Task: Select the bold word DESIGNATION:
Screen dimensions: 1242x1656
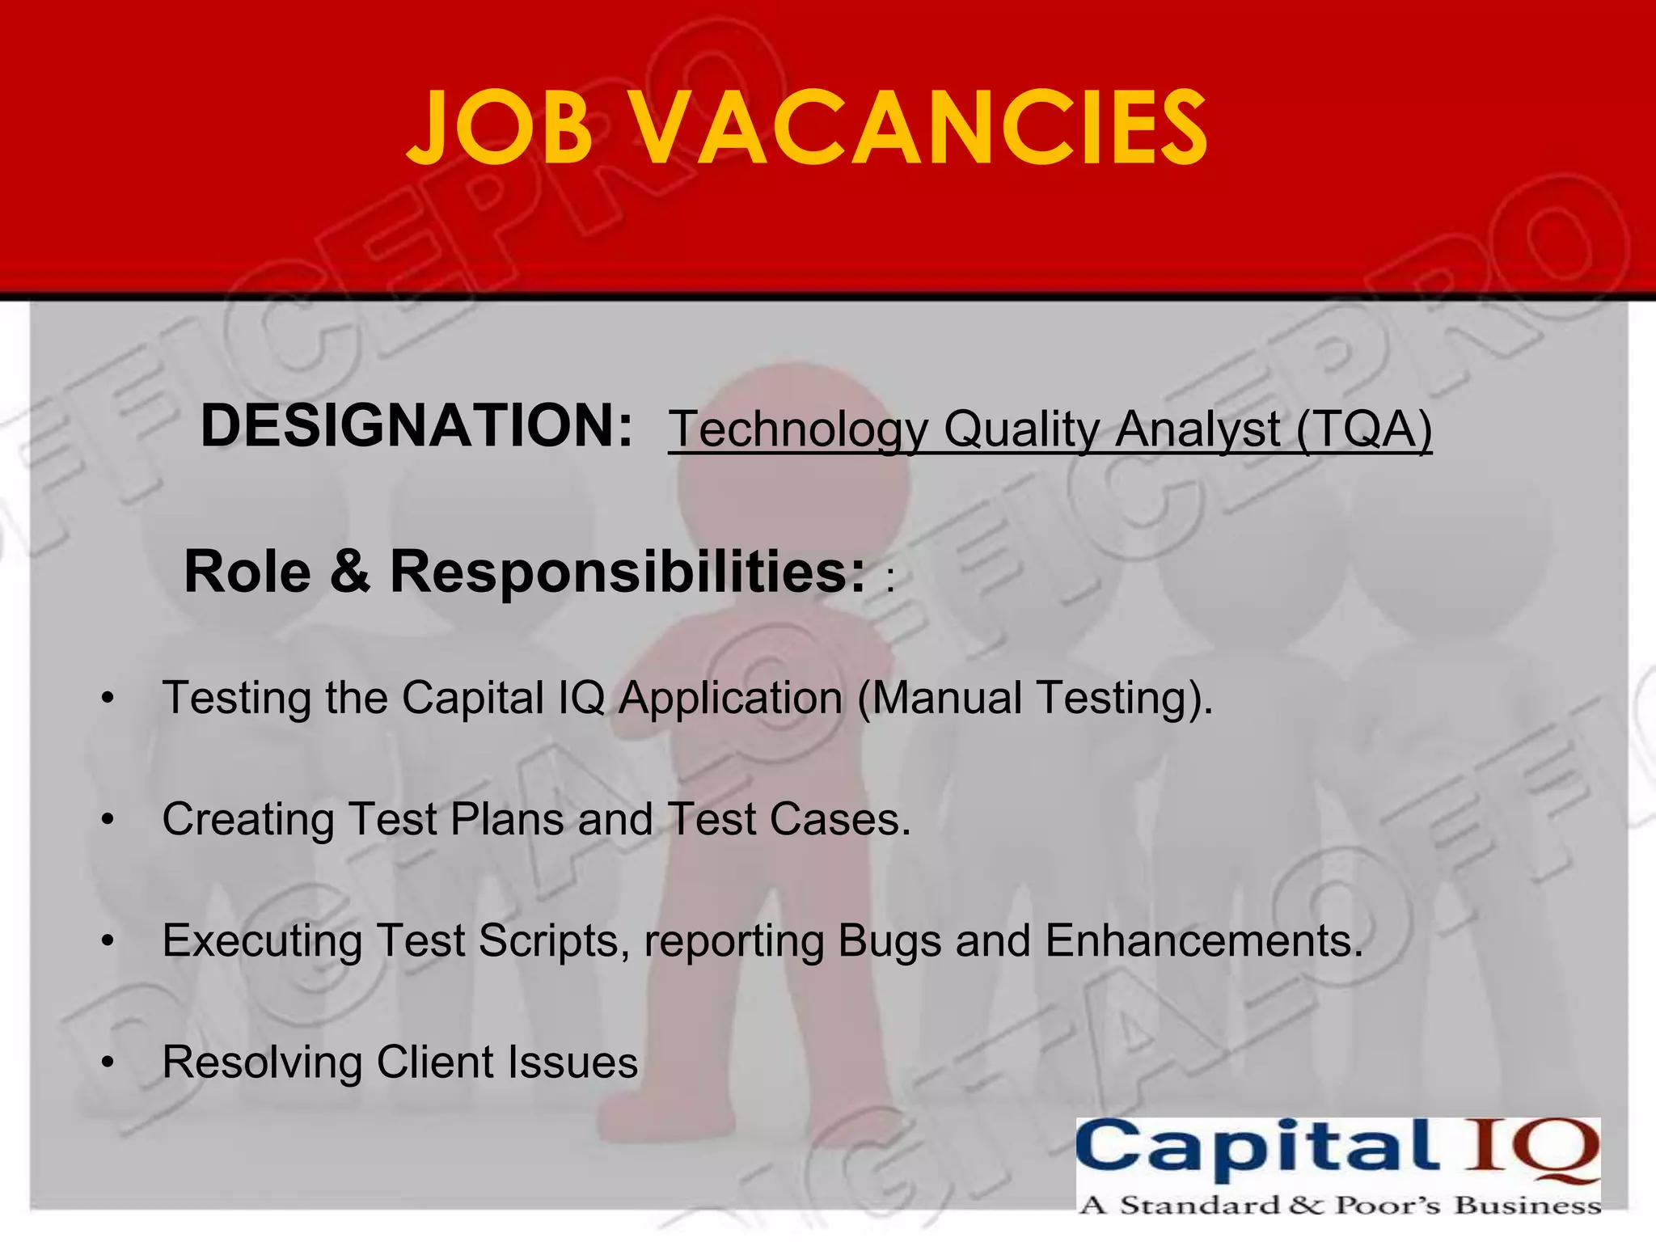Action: (x=416, y=426)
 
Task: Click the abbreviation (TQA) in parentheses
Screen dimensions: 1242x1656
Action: (x=1364, y=429)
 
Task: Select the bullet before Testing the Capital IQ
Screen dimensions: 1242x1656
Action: (x=108, y=699)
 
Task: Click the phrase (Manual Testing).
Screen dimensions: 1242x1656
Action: (x=1035, y=699)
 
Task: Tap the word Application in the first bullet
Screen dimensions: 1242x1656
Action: (x=731, y=699)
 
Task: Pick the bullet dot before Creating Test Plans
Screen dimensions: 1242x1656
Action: (x=108, y=820)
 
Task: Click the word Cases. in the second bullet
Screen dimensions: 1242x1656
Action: (x=840, y=820)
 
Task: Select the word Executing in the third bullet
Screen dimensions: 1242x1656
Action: (x=262, y=942)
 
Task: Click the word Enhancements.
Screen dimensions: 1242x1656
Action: (x=1204, y=942)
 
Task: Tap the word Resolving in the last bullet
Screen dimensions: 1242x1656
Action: (x=262, y=1062)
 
